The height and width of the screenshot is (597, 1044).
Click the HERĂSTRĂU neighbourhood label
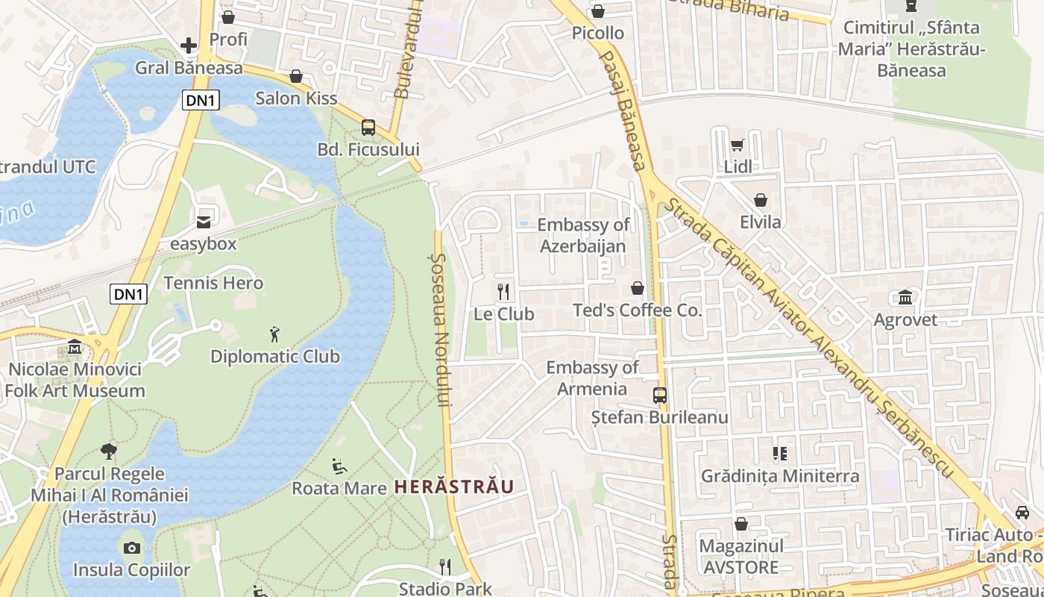coord(454,487)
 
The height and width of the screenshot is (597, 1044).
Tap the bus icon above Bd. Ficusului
coord(368,128)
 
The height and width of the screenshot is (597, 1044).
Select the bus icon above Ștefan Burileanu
coord(660,396)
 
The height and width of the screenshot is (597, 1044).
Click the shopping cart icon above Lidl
coord(738,146)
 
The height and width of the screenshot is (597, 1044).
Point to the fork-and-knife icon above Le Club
coord(504,292)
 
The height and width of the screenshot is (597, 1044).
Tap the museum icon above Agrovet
coord(905,298)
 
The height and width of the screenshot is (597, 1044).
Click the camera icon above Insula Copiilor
coord(132,548)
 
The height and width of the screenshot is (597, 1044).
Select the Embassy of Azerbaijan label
coord(583,235)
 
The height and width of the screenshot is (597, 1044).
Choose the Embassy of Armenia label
coord(593,378)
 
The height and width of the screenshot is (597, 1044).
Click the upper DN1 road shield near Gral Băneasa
coord(201,100)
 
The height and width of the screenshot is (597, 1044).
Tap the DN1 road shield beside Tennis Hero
coord(128,294)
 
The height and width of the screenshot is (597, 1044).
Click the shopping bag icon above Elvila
coord(761,200)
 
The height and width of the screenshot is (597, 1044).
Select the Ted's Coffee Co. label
coord(638,310)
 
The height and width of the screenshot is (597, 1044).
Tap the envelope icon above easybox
coord(203,222)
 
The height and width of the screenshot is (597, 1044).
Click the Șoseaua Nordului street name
coord(440,328)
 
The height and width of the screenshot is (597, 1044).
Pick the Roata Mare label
coord(339,488)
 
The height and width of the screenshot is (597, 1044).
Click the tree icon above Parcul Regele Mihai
coord(109,451)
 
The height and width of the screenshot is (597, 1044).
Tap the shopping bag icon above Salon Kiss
coord(296,76)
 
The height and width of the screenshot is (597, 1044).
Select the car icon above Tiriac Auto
coord(1022,513)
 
